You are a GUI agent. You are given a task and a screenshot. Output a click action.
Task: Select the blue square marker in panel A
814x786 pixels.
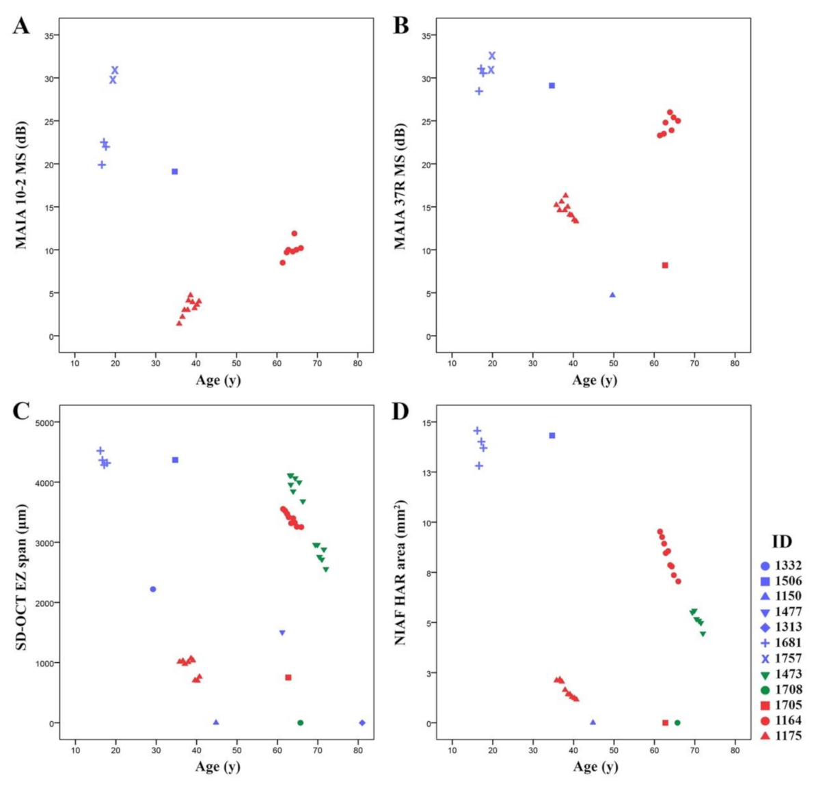pos(175,172)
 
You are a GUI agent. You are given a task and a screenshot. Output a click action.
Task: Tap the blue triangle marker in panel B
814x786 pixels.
pos(612,295)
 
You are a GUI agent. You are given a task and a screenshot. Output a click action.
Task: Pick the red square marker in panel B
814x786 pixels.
pos(665,265)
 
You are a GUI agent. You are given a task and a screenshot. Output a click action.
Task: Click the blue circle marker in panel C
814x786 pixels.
pos(153,589)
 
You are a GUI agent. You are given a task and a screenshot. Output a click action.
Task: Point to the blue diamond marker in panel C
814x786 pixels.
pos(362,722)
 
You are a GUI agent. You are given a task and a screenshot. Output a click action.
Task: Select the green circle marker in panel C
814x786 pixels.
pos(300,722)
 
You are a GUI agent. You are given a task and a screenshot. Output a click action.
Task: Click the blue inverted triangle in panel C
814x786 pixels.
pos(282,633)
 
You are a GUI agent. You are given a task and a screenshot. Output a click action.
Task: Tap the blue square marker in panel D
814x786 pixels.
pos(552,435)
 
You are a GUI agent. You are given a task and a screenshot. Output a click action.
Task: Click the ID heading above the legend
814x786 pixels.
pos(782,542)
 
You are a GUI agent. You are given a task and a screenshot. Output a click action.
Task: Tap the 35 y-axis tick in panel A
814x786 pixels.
pos(49,36)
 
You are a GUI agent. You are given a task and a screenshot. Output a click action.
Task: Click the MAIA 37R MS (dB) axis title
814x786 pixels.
pos(401,186)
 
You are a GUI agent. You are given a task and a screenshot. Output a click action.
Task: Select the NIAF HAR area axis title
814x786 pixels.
pos(401,572)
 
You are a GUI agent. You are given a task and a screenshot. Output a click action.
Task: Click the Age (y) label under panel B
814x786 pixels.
pos(595,380)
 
